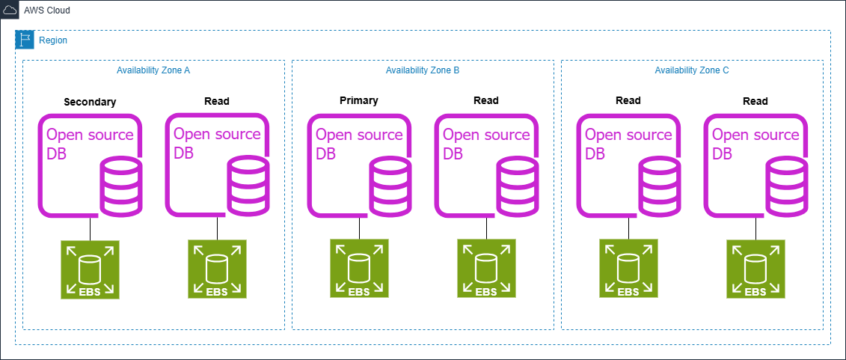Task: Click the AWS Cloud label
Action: [x=47, y=9]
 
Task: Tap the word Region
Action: [x=52, y=40]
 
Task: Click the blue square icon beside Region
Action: [x=25, y=40]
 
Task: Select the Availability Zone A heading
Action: [x=153, y=70]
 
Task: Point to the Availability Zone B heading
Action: [x=423, y=70]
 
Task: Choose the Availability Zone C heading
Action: [x=692, y=70]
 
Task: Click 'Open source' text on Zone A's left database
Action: [x=90, y=135]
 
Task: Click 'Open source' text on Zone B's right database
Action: [x=486, y=135]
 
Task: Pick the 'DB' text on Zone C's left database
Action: [x=595, y=154]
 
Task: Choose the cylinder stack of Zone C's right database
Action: [x=786, y=186]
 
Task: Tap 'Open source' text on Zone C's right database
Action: [x=755, y=135]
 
